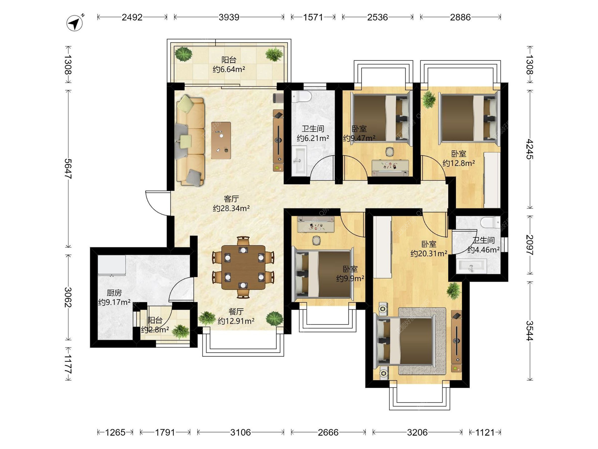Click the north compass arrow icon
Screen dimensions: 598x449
click(x=75, y=23)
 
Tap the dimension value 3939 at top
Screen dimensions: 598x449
click(x=229, y=17)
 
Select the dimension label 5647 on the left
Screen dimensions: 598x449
click(x=68, y=169)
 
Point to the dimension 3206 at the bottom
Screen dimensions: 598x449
click(x=417, y=432)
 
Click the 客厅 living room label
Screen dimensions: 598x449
click(x=231, y=199)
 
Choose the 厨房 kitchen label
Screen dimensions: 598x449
click(x=114, y=293)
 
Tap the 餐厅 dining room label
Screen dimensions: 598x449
click(x=236, y=311)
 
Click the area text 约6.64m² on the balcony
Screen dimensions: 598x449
click(x=229, y=69)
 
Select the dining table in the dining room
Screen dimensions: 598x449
click(x=243, y=267)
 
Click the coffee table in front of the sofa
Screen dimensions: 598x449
click(x=221, y=140)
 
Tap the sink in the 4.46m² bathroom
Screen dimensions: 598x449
click(x=471, y=266)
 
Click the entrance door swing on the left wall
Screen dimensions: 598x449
click(x=157, y=203)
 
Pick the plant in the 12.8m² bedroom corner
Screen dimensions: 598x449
click(x=429, y=99)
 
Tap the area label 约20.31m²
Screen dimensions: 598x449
click(x=429, y=253)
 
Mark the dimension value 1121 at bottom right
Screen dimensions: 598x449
click(x=485, y=432)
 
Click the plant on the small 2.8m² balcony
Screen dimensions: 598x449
click(x=181, y=331)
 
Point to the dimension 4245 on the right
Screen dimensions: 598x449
click(x=529, y=149)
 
